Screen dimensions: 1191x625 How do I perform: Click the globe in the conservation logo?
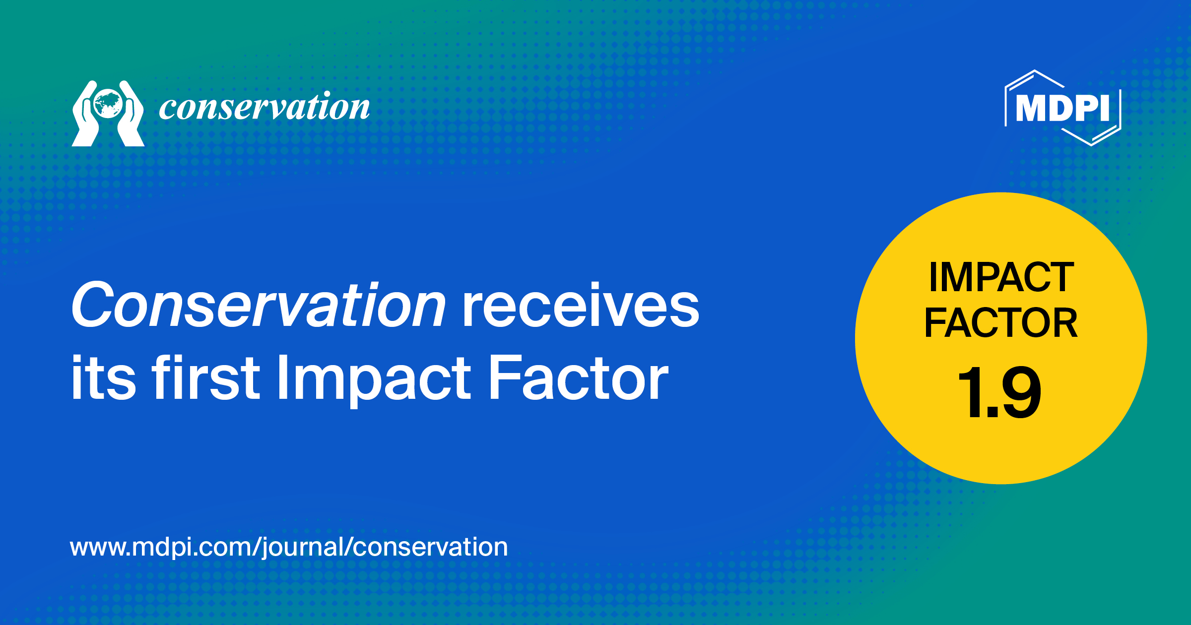[108, 103]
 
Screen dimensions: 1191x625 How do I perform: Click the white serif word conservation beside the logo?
[265, 107]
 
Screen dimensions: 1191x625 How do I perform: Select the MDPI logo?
[1062, 108]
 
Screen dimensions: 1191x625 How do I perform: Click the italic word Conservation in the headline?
[259, 305]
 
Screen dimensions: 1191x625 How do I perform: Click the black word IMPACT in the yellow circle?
[1001, 277]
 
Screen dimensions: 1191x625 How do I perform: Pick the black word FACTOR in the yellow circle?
[1001, 322]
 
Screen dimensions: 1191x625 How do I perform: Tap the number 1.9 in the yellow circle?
[998, 392]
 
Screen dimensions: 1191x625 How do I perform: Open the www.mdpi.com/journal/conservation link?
[289, 548]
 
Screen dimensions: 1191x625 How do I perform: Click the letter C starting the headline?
[94, 305]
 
